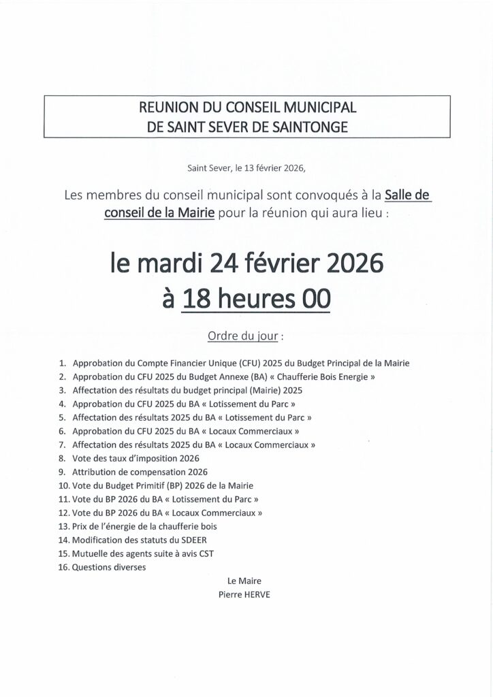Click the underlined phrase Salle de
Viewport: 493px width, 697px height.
[x=408, y=195]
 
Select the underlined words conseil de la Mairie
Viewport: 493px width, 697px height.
[x=159, y=212]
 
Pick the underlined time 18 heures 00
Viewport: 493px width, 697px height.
[x=256, y=299]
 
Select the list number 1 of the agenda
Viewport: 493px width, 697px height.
[x=61, y=363]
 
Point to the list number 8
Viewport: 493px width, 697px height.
[x=61, y=458]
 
